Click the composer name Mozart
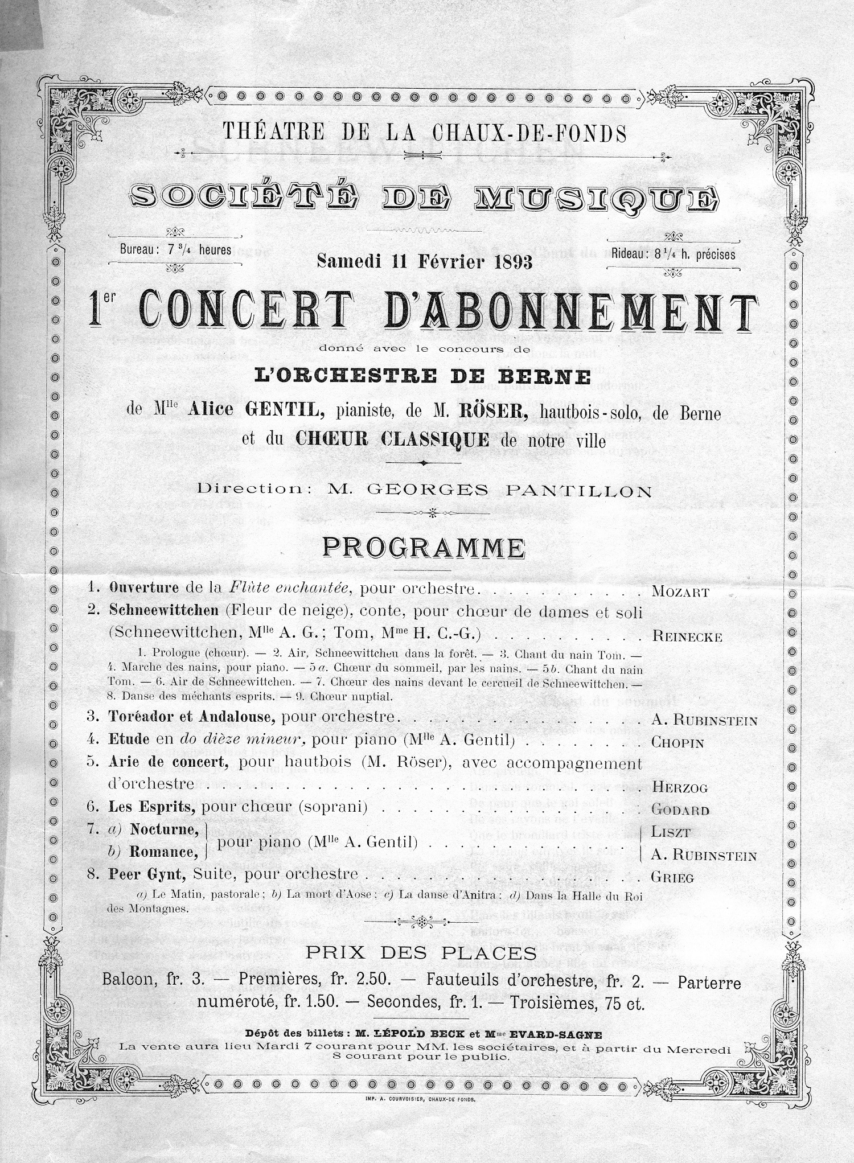coord(680,592)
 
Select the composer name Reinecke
coord(687,638)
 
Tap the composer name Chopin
coord(678,743)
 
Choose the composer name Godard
coord(680,810)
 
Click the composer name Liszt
coord(671,833)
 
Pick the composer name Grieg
coord(673,877)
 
